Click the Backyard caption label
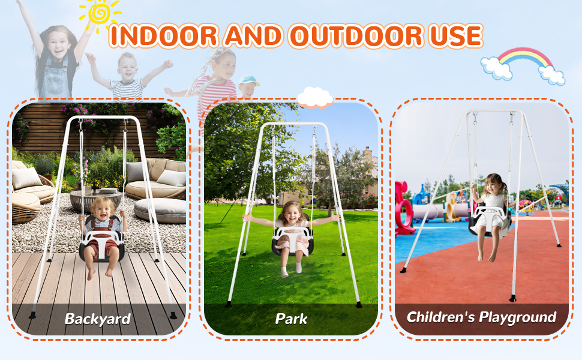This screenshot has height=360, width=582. tap(98, 319)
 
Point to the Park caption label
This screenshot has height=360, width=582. tap(291, 319)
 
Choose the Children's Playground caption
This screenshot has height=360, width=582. tap(481, 317)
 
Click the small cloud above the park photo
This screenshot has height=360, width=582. tap(314, 97)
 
